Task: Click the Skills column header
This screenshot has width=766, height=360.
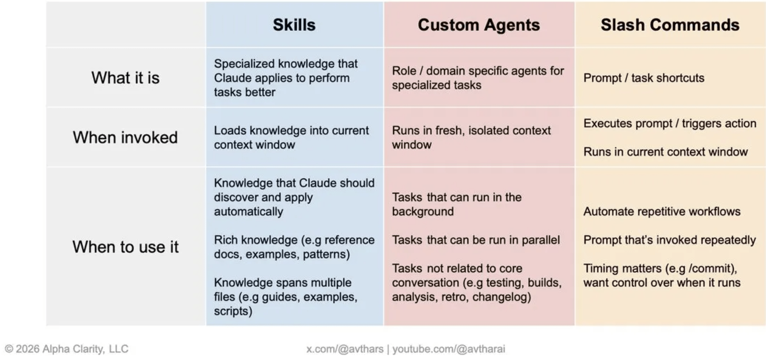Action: coord(294,25)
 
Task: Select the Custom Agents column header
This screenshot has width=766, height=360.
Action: coord(479,25)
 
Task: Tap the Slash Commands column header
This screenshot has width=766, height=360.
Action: coord(670,25)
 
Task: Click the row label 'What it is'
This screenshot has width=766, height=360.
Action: coord(125,78)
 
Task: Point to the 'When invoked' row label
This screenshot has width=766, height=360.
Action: coord(125,137)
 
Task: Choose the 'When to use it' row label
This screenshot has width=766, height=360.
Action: coord(125,247)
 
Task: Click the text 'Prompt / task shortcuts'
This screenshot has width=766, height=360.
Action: coord(644,78)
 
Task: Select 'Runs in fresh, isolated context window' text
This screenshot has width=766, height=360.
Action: coord(471,137)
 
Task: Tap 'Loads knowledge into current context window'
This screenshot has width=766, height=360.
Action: coord(291,137)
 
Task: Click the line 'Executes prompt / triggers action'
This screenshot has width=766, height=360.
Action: coord(670,123)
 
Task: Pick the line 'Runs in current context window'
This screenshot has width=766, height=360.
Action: coord(665,152)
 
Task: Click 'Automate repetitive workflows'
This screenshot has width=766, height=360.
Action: coord(662,211)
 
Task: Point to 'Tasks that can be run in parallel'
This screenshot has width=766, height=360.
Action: coord(476,240)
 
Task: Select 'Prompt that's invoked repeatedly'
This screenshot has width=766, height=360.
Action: coord(670,240)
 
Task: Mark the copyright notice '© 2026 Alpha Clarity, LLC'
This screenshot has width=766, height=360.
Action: coord(67,349)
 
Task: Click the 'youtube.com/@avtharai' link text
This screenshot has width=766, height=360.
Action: coord(449,349)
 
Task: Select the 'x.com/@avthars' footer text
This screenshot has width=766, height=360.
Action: coord(345,349)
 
